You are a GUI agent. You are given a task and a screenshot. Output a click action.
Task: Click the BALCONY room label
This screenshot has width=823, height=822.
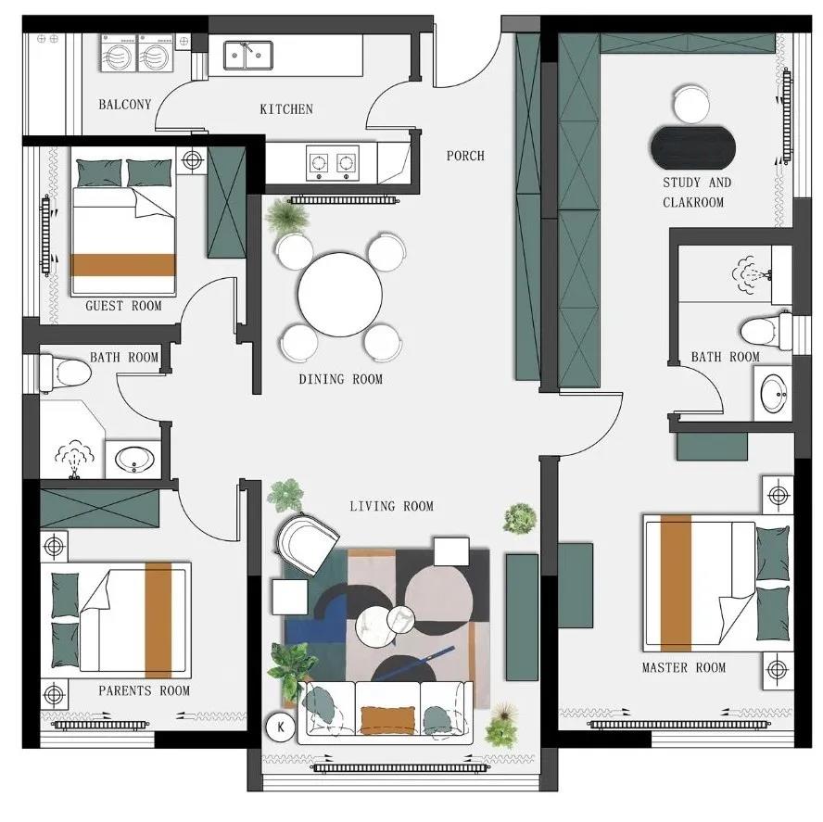pos(125,105)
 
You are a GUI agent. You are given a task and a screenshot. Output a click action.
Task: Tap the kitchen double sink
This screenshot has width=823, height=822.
pos(247,55)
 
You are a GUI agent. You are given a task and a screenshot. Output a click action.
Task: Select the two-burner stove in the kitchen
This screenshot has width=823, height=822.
pos(333,163)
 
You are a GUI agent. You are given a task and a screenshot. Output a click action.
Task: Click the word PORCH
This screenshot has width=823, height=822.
pos(465,156)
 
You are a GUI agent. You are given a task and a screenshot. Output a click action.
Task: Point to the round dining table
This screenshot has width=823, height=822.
pos(340,295)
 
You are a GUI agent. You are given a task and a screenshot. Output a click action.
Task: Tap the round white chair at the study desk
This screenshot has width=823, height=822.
pos(691,105)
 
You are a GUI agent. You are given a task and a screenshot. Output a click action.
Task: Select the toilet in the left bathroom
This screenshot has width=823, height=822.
pos(66,373)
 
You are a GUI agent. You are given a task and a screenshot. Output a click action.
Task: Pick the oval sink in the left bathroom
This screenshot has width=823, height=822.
pos(134,460)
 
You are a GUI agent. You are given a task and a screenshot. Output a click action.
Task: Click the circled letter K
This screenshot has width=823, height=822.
pos(280,727)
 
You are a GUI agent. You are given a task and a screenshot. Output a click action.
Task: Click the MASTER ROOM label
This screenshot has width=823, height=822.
pos(684,667)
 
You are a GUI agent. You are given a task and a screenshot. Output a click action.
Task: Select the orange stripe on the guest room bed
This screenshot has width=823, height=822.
pos(123,265)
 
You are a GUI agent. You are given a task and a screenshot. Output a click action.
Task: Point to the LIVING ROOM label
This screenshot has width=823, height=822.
pos(391,507)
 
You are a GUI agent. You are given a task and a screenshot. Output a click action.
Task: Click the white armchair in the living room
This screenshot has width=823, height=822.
pos(307,542)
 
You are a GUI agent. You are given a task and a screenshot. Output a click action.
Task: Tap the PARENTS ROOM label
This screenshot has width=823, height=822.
pos(145,690)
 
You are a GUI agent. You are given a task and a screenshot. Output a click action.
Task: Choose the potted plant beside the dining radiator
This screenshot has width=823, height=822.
pos(286,216)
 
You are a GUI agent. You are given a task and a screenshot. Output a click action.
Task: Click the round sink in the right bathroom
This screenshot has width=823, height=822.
pos(774,393)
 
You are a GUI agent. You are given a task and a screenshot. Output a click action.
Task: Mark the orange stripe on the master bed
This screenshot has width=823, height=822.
pos(676,583)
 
